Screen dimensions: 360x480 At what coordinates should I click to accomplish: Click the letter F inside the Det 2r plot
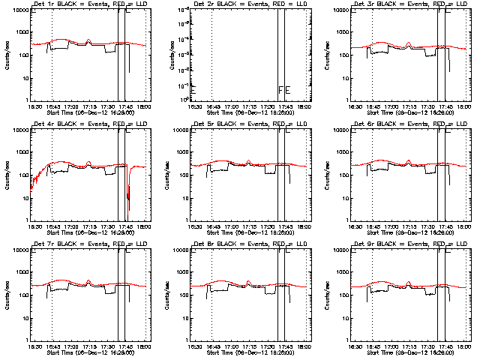pos(281,91)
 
